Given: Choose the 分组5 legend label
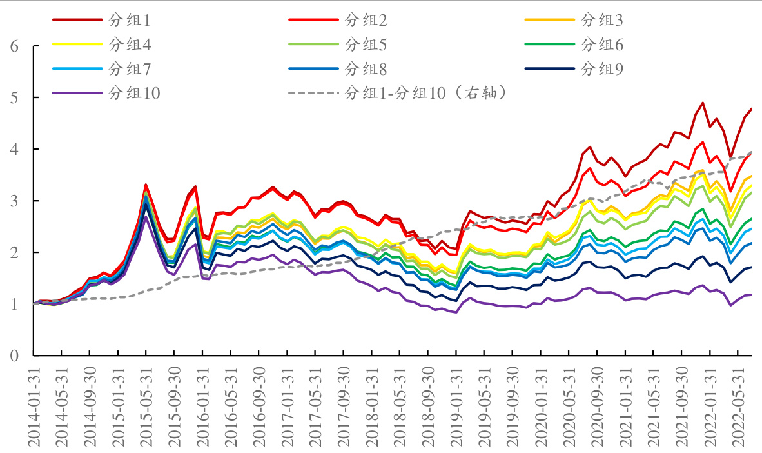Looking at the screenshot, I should pos(366,45).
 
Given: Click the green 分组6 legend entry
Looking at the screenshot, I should pos(602,45).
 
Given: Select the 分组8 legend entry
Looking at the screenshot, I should pos(366,68).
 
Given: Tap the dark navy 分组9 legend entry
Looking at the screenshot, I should pos(602,68).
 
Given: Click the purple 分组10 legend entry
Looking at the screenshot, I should pos(135,93).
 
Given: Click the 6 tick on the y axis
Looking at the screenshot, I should pos(14,46).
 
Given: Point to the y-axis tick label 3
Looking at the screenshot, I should pos(14,201).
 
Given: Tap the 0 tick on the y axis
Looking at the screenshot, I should pos(14,356).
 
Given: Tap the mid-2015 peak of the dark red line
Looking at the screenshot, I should pos(146,185).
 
